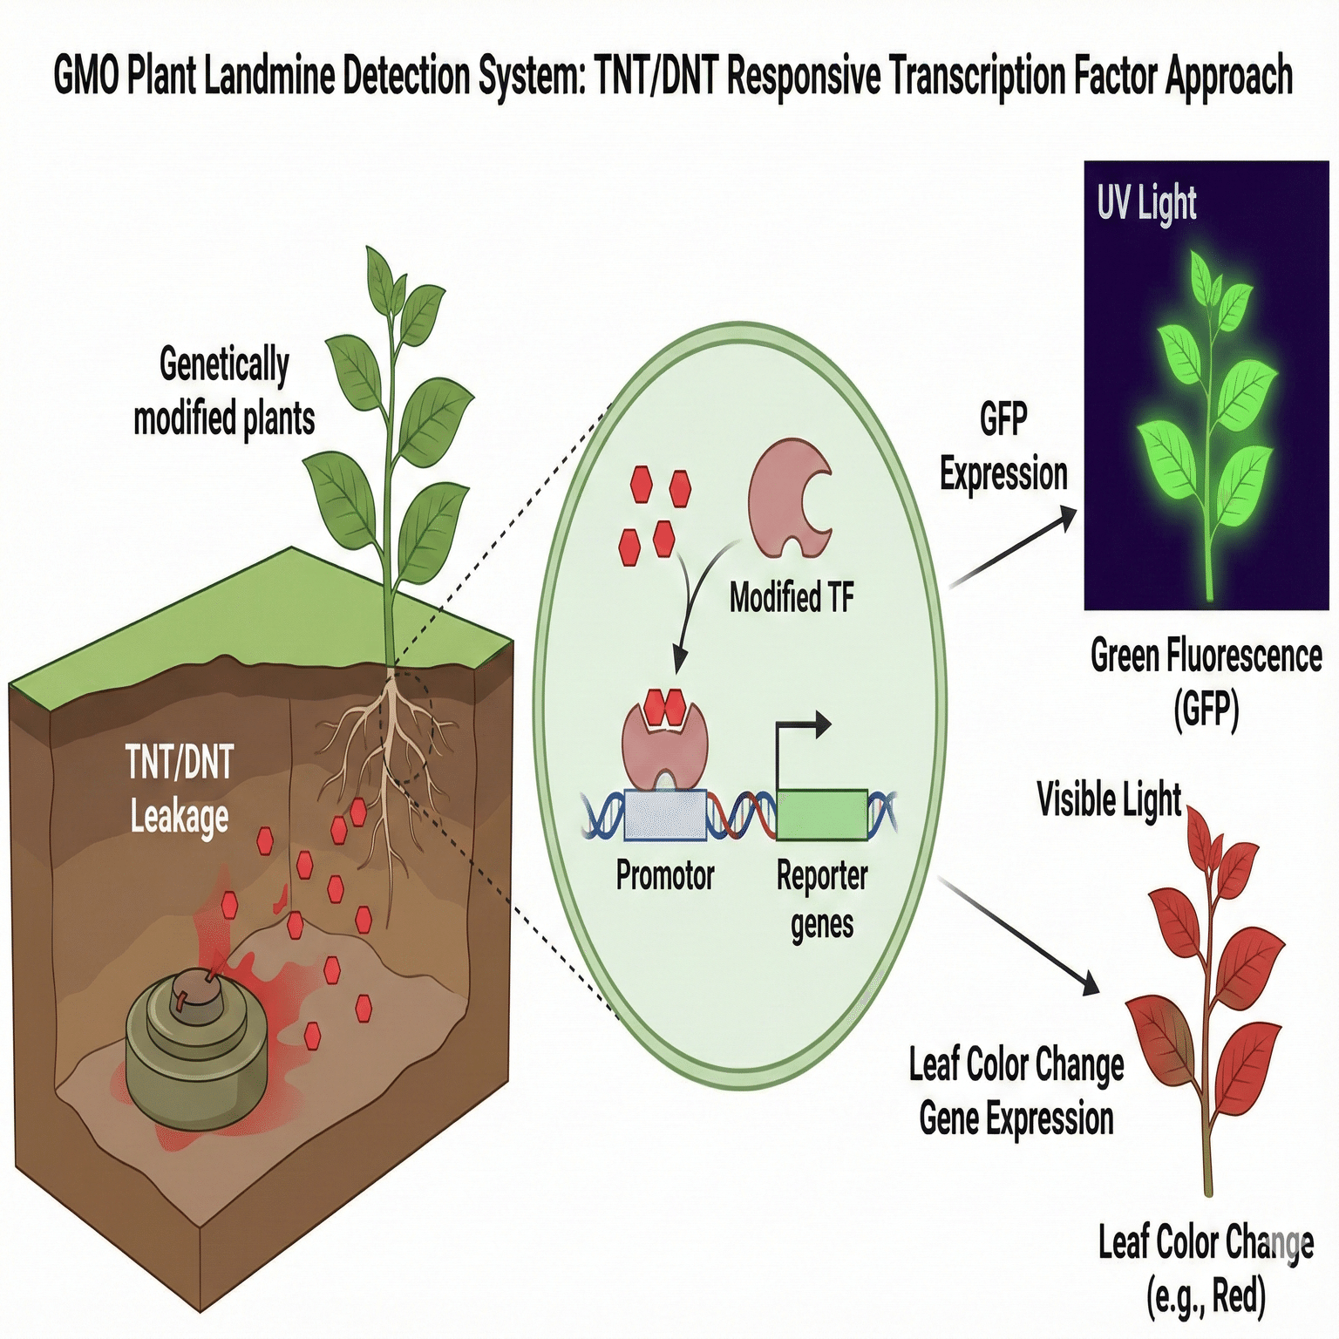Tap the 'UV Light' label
(x=1146, y=203)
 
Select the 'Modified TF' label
(x=791, y=598)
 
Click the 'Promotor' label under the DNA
(x=665, y=874)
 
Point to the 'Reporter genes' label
(x=822, y=899)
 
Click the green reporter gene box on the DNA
(x=822, y=814)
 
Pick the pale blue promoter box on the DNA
(x=665, y=815)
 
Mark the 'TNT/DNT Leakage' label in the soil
(x=180, y=789)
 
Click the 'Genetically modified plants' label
(x=224, y=391)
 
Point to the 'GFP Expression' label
(x=1003, y=447)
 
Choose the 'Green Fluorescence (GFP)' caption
(x=1206, y=683)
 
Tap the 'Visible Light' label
(x=1109, y=799)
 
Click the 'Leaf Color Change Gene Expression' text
(x=1016, y=1091)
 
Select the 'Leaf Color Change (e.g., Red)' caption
(x=1206, y=1268)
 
